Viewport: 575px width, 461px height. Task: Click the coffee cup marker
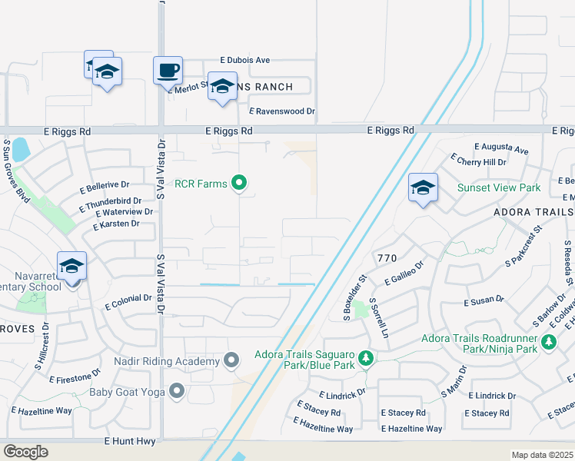pos(168,71)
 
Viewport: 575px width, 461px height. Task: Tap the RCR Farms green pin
pos(240,183)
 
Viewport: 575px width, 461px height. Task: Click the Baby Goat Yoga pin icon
pos(178,392)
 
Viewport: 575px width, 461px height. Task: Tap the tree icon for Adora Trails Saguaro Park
pos(367,358)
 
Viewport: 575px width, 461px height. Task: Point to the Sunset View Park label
pos(499,187)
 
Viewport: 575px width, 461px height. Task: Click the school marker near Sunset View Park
pos(423,187)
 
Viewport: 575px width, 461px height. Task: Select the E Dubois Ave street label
pos(245,60)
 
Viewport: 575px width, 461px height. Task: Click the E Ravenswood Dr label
pos(282,111)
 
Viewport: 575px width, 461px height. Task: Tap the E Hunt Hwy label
pos(130,442)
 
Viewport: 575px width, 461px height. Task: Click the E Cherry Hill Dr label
pos(480,162)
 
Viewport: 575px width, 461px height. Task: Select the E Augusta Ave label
pos(501,148)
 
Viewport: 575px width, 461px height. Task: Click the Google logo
pos(25,452)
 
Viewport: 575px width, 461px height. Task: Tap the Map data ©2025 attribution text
pos(542,455)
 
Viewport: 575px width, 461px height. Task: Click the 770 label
pos(387,257)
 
